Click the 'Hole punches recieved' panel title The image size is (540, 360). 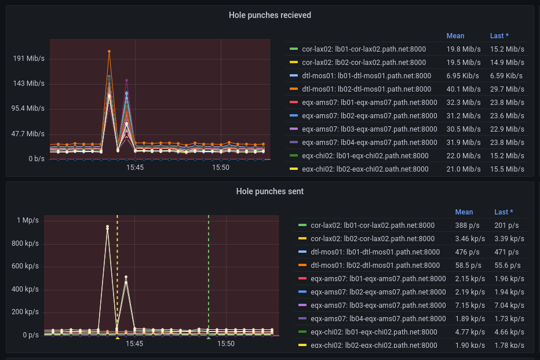(x=269, y=15)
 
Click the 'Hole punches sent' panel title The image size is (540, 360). (x=269, y=191)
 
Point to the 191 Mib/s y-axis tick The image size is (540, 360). (x=29, y=59)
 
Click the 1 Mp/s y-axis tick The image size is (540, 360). (x=28, y=220)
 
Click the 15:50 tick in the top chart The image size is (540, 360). (x=220, y=168)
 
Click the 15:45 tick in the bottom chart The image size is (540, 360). (x=134, y=344)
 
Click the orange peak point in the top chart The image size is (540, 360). (x=109, y=52)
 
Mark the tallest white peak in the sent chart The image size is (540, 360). (x=107, y=227)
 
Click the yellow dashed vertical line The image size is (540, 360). (x=117, y=272)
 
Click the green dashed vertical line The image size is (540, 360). (x=209, y=272)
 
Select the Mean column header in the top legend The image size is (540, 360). (x=455, y=36)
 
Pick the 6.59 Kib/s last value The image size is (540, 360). (x=507, y=76)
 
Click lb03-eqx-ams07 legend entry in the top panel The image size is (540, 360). (x=370, y=129)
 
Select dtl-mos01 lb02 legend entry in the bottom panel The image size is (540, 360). (x=375, y=266)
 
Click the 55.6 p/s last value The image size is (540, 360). (x=507, y=266)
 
